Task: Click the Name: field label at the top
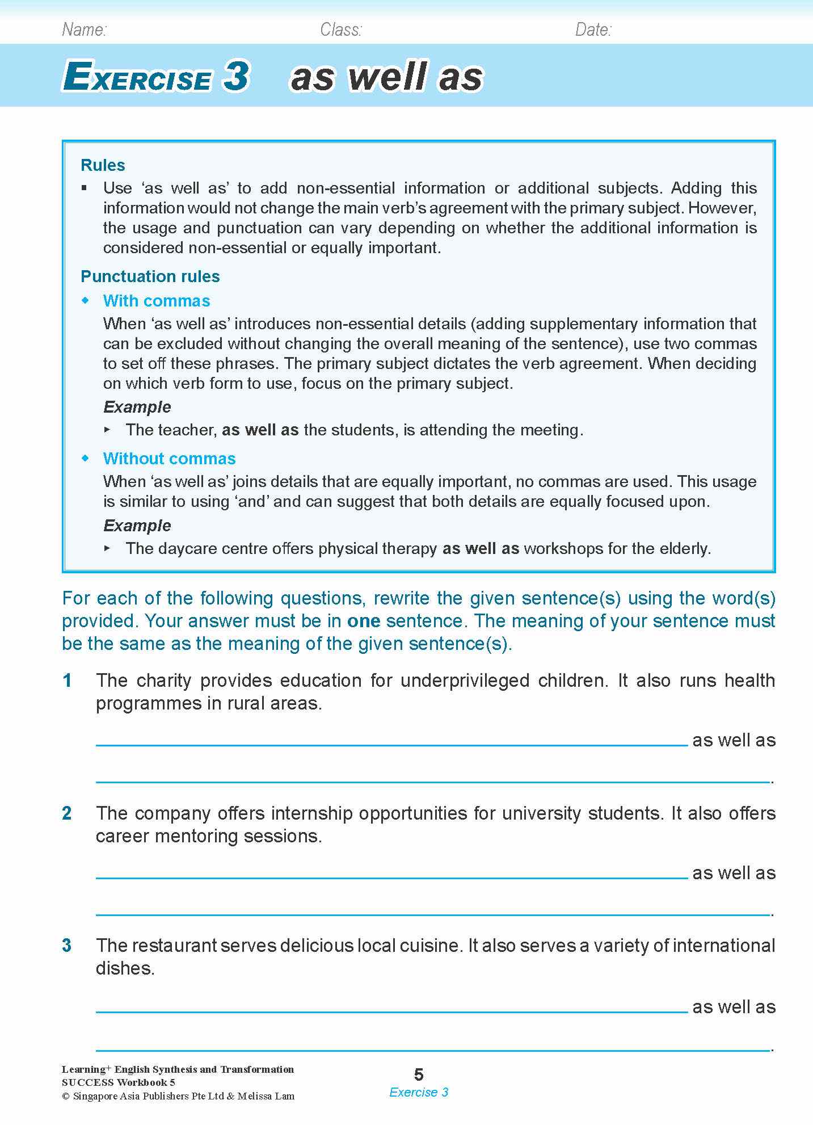pos(84,30)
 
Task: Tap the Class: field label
pos(340,30)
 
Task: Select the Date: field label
pos(593,30)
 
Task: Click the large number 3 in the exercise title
pos(236,77)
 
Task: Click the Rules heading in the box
pos(103,165)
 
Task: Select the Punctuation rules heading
pos(150,276)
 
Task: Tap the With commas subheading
pos(157,301)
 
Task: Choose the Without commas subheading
pos(169,459)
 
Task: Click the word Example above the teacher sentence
pos(137,407)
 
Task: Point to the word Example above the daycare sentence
pos(137,526)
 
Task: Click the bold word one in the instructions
pos(364,621)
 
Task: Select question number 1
pos(68,681)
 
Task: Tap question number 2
pos(67,813)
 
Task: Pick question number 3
pos(67,946)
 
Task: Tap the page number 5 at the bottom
pos(419,1074)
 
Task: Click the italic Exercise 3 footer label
pos(419,1092)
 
